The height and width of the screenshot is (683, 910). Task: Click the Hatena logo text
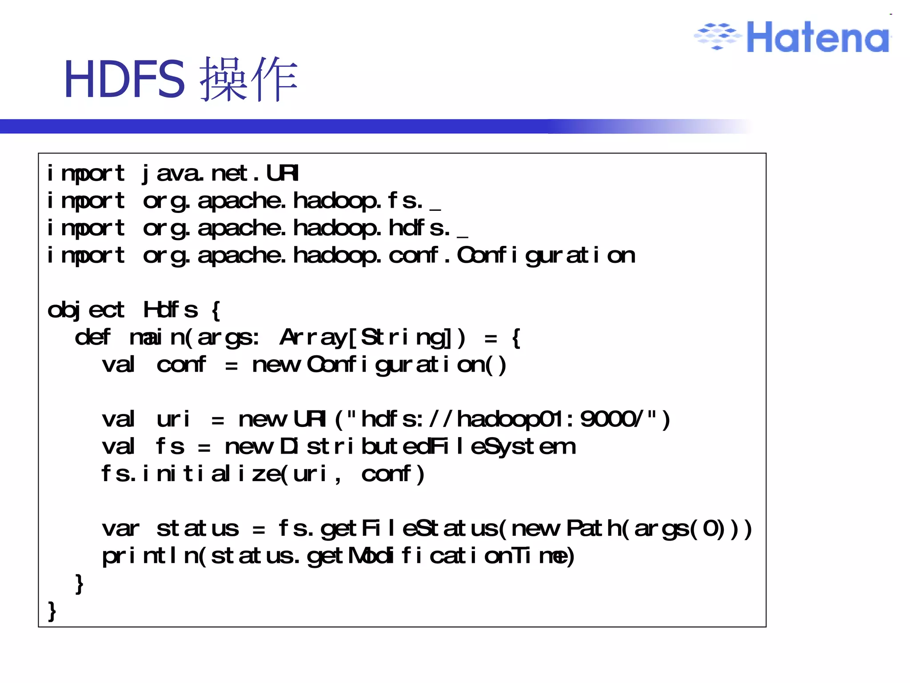pos(818,37)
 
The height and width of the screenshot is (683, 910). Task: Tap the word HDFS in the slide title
pos(124,80)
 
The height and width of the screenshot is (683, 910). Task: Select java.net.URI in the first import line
pos(220,173)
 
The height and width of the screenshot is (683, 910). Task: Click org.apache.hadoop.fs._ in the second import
pos(291,201)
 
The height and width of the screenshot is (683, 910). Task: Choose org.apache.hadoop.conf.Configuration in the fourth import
pos(389,256)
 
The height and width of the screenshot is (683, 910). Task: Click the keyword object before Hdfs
pos(86,310)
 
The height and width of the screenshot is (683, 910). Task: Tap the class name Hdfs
pos(171,310)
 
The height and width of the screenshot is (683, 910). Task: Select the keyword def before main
pos(92,337)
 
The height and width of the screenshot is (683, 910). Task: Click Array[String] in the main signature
pos(372,337)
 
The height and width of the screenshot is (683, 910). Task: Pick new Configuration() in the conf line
pos(379,365)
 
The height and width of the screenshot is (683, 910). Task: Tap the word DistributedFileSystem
pos(428,447)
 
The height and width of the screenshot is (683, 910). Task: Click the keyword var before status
pos(120,529)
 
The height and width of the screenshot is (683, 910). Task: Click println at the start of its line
pos(151,556)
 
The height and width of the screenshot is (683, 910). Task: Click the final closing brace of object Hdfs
pos(52,611)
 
